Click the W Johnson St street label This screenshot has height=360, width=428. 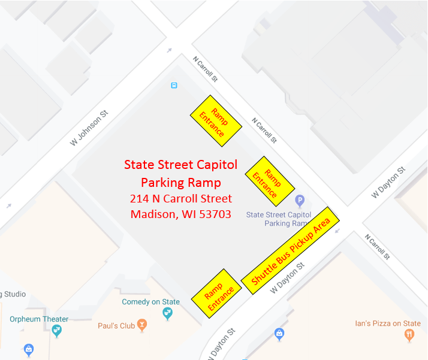[x=88, y=127]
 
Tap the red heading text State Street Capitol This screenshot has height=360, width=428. [x=180, y=165]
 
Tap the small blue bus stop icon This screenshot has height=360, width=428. [x=174, y=85]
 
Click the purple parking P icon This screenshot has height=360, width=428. [x=300, y=201]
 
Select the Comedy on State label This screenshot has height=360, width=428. [x=150, y=302]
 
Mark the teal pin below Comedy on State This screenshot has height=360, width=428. [x=167, y=314]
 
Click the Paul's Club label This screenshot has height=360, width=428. [x=116, y=326]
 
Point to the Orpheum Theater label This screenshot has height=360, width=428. [x=39, y=319]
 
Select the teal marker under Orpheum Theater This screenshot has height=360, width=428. [x=57, y=331]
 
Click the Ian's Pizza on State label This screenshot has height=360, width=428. [x=387, y=324]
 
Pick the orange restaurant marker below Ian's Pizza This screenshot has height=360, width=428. [x=409, y=335]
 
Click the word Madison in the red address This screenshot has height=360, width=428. [x=153, y=214]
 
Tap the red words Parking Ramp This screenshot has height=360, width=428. [x=180, y=182]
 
